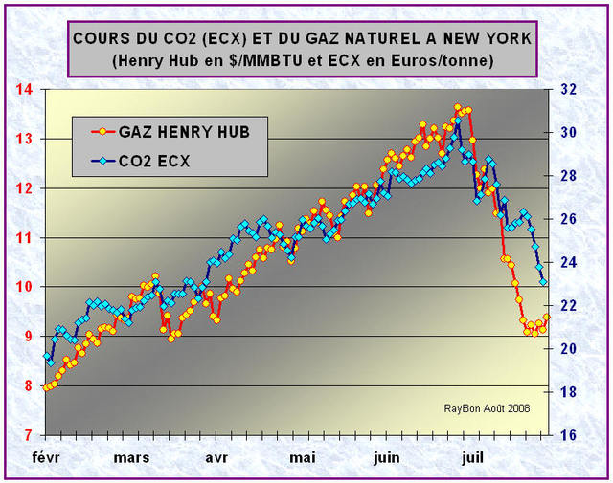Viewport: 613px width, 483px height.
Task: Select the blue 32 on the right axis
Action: click(566, 89)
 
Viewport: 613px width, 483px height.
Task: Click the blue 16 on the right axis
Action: click(566, 435)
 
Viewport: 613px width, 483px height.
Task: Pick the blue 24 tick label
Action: click(566, 262)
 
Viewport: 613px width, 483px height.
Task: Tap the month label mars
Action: click(131, 457)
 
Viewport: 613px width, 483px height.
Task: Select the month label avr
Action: click(217, 457)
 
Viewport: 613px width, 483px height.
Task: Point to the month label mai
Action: click(304, 457)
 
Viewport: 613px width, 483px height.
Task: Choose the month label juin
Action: click(387, 457)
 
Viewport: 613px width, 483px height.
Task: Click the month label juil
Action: click(471, 457)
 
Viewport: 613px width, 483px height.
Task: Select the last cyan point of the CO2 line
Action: click(543, 281)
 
